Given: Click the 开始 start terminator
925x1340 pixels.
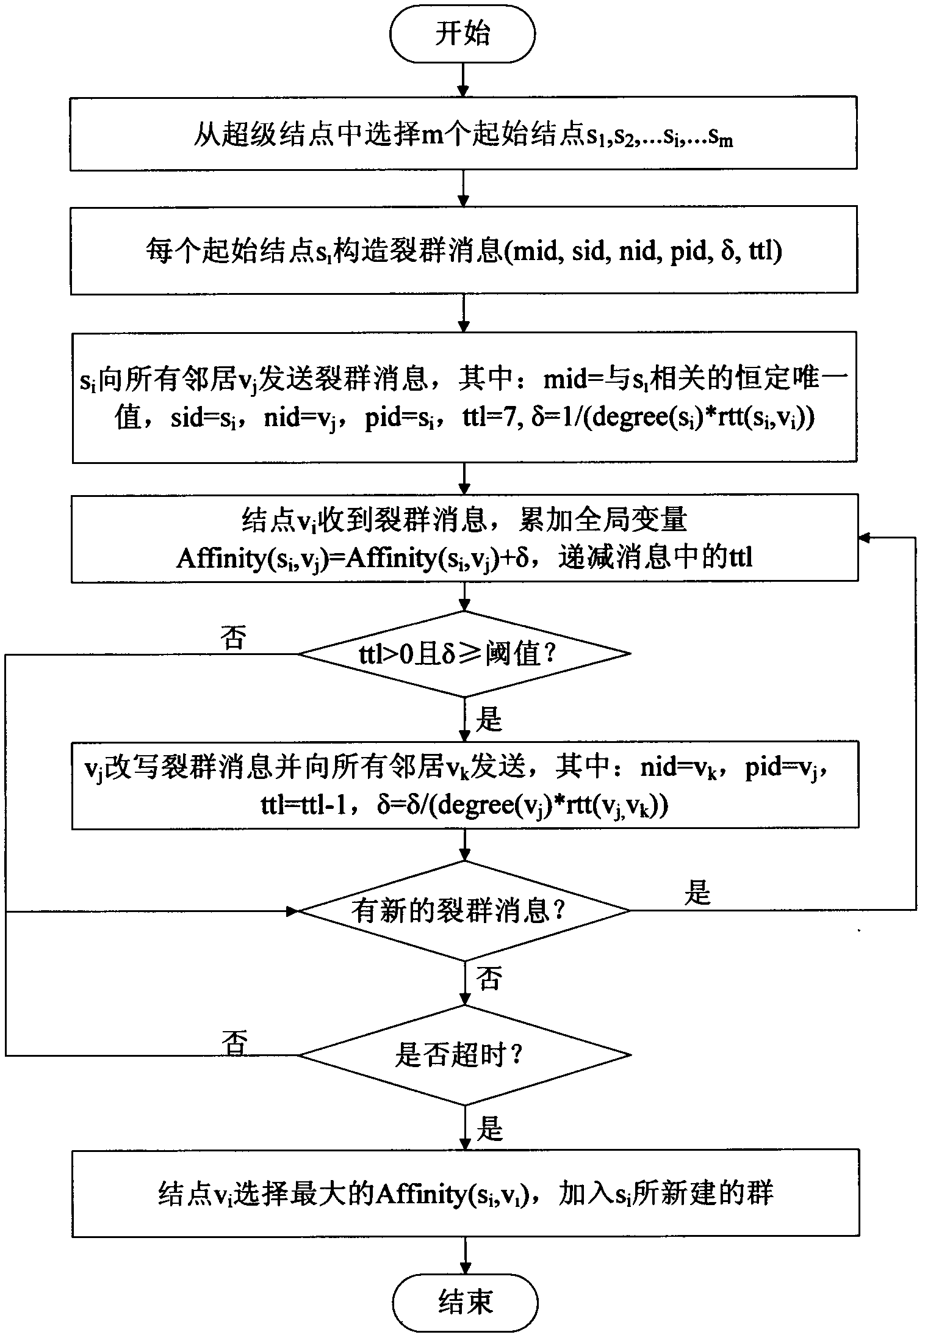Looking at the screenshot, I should click(463, 34).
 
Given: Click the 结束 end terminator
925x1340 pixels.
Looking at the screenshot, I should click(465, 1303).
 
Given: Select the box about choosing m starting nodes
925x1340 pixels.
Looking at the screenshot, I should click(463, 133).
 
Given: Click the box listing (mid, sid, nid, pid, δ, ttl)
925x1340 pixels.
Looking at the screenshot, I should click(463, 251).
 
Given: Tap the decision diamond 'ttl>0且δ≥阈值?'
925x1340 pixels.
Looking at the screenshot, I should click(464, 654).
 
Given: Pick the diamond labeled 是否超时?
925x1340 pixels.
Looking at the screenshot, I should click(464, 1054).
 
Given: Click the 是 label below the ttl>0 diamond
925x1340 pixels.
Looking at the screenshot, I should click(489, 720).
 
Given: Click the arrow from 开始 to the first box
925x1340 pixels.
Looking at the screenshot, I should click(464, 79).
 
